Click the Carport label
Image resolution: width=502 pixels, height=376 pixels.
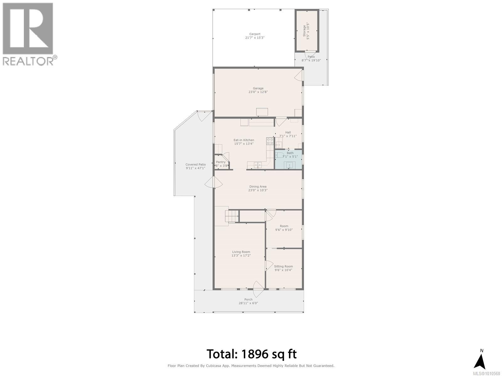click(255, 34)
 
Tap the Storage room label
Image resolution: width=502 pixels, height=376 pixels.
click(304, 31)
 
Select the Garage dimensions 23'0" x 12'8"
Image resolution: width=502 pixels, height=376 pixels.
click(258, 92)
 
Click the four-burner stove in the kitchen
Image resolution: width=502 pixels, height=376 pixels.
click(270, 141)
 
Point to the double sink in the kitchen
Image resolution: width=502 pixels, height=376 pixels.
click(258, 164)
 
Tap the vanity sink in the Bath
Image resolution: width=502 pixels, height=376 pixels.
click(289, 164)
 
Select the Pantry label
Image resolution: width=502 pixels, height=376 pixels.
click(221, 162)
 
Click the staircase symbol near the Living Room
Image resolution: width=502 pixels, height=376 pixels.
click(232, 216)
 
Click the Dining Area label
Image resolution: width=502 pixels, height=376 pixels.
click(258, 186)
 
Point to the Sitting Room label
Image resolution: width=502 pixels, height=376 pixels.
click(283, 266)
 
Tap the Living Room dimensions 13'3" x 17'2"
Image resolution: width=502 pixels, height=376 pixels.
click(241, 255)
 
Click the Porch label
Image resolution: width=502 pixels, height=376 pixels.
click(248, 299)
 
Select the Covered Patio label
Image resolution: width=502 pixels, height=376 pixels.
click(195, 164)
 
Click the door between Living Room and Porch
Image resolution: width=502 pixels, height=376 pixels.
click(258, 289)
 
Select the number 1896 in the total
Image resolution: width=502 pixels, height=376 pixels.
click(255, 354)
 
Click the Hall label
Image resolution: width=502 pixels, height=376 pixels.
click(288, 132)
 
